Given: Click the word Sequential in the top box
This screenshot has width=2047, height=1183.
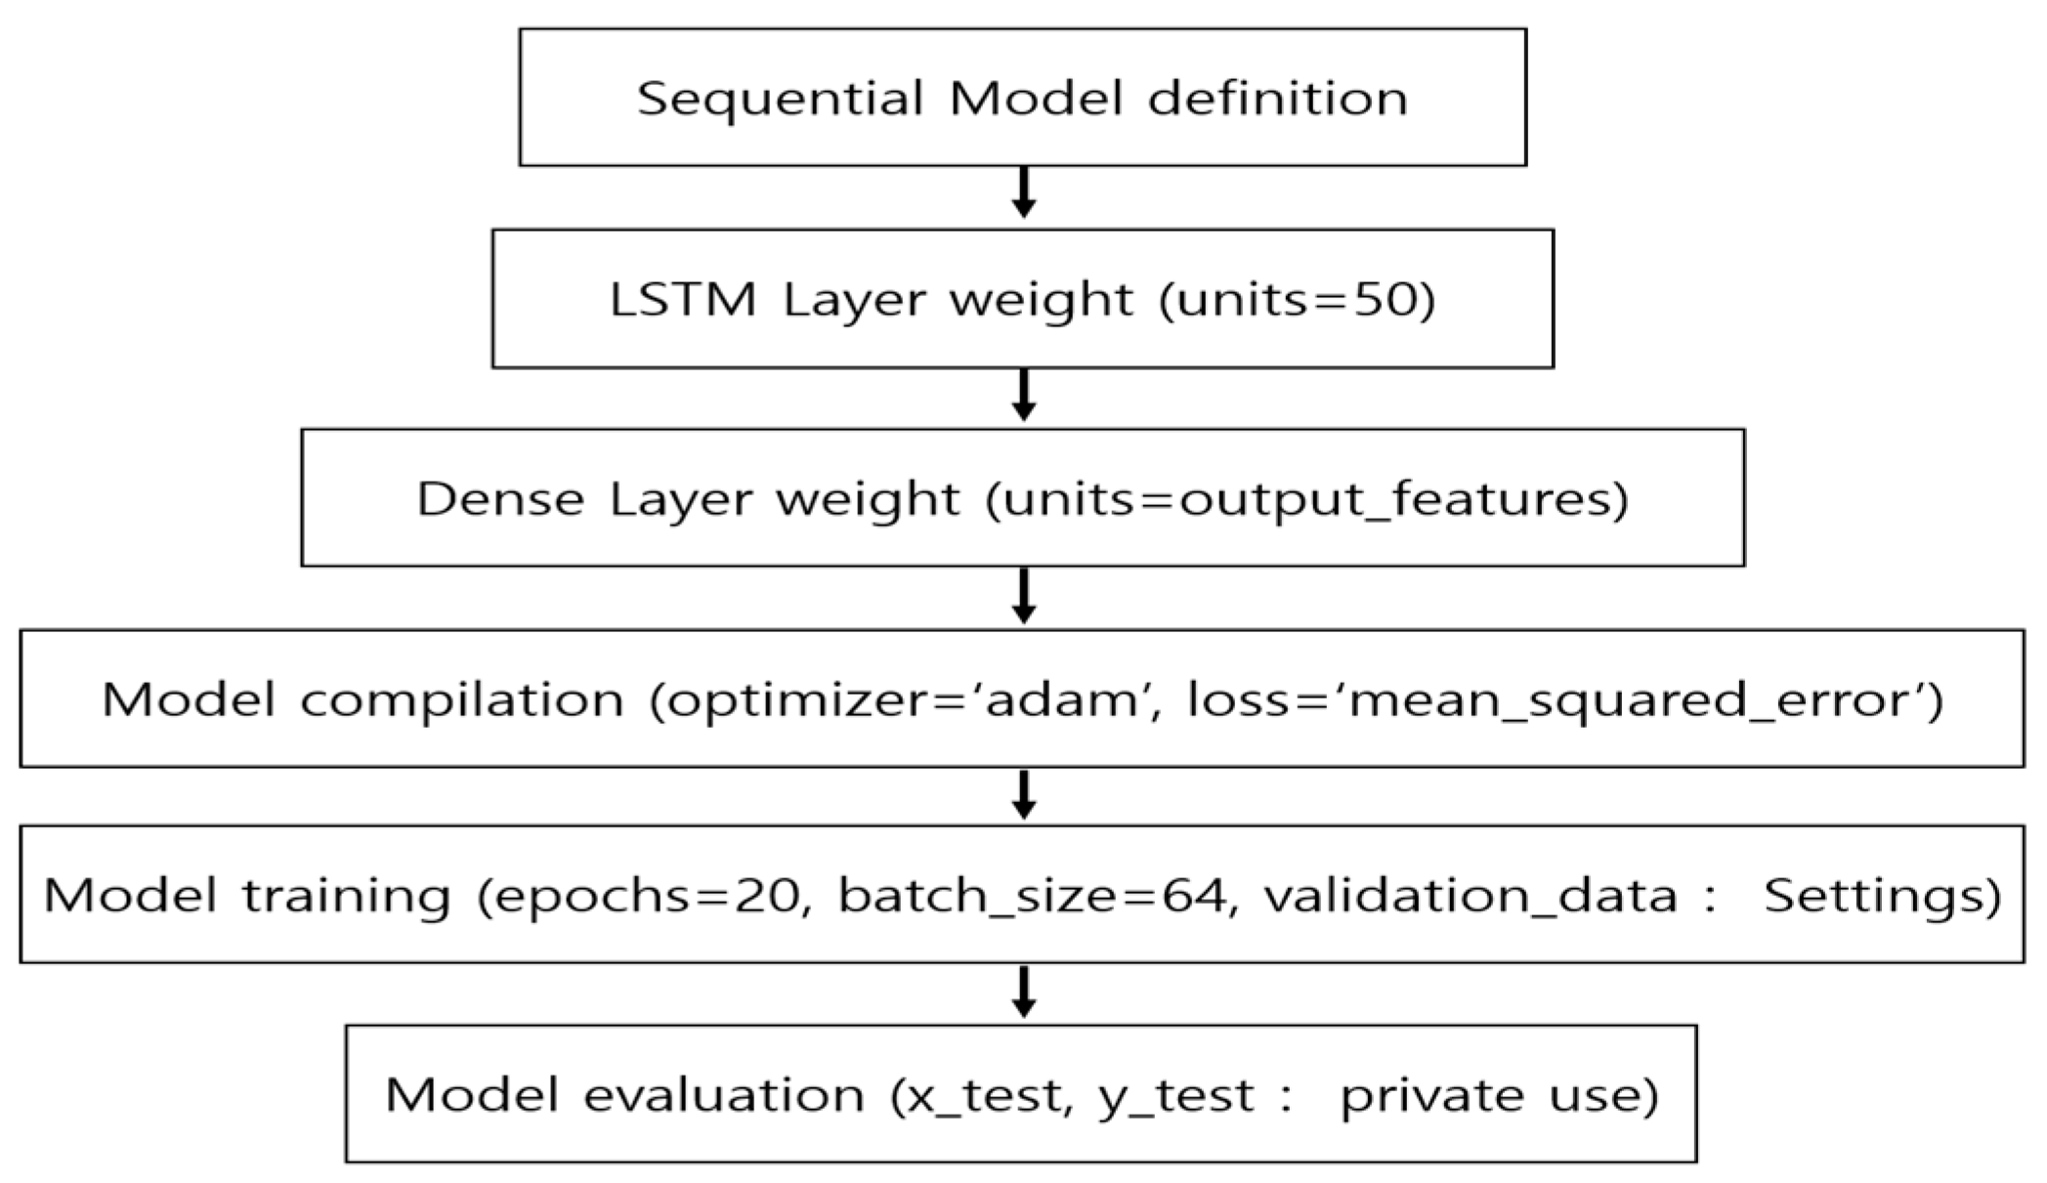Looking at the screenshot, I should (x=780, y=100).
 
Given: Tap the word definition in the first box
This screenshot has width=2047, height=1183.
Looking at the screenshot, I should (x=1278, y=98).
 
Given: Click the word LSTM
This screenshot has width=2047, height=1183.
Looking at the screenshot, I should (x=682, y=299).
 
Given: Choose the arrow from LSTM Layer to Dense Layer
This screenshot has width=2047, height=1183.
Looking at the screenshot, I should (x=1023, y=396).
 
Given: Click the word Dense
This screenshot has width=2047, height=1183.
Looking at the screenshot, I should (x=500, y=498).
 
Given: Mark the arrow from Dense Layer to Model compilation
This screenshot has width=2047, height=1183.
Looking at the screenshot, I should (x=1023, y=596).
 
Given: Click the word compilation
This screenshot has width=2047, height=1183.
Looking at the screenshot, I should (x=462, y=699).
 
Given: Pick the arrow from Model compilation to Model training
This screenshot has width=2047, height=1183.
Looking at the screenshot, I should (x=1023, y=794).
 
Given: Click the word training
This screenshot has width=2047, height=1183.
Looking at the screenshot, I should (x=346, y=896).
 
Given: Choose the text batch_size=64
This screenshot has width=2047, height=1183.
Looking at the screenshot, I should (x=1034, y=896).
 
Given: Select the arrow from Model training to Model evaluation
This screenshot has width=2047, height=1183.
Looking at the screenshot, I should (x=1023, y=993).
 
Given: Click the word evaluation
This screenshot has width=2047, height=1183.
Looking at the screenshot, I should (x=723, y=1095).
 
